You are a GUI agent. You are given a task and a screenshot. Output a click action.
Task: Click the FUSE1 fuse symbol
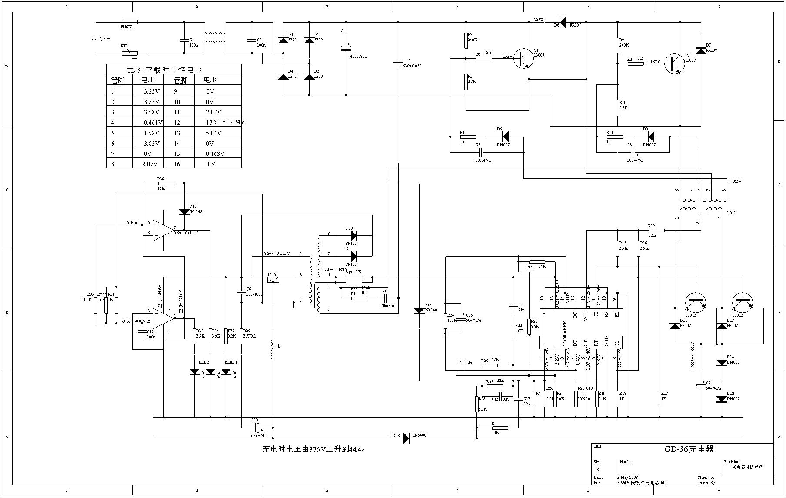pos(130,22)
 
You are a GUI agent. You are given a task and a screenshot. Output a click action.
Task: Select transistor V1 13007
pos(523,58)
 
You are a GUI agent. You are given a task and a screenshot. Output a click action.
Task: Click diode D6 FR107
pos(563,22)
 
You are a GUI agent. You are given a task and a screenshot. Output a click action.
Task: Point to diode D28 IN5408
pos(406,438)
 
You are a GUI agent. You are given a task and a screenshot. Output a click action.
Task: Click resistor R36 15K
pos(166,184)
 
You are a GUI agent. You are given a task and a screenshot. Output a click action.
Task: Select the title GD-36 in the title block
pos(689,449)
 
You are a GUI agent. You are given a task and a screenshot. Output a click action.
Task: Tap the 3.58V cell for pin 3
pos(152,112)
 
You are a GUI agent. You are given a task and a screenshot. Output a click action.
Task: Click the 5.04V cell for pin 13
pos(213,133)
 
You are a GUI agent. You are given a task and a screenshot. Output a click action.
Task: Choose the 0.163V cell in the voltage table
pos(215,154)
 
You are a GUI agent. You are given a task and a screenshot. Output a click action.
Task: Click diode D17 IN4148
pos(184,212)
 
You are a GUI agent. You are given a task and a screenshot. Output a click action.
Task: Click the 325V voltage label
pos(538,20)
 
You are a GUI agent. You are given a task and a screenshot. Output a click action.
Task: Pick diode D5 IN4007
pos(505,137)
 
